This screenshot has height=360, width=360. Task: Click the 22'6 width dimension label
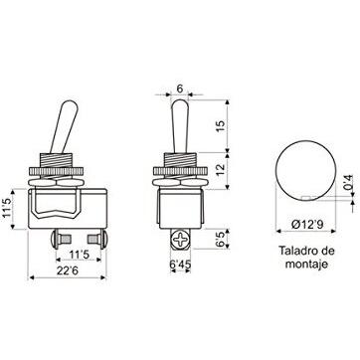coord(67,270)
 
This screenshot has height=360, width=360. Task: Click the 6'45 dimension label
coord(181,264)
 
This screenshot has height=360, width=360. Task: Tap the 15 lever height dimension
coord(221,126)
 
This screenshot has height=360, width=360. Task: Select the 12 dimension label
coord(221,170)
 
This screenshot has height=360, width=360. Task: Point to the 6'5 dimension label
coord(221,239)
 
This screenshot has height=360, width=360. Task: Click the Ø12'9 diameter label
coord(307,225)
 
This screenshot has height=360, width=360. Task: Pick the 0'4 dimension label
coord(348,182)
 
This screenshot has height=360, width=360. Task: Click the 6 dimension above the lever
coord(179,89)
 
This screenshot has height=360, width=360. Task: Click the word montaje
coord(307,265)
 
